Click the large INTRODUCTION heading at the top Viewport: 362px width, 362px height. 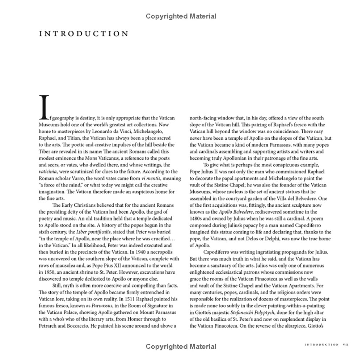pos(84,34)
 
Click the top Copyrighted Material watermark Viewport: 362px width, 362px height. pos(181,16)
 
